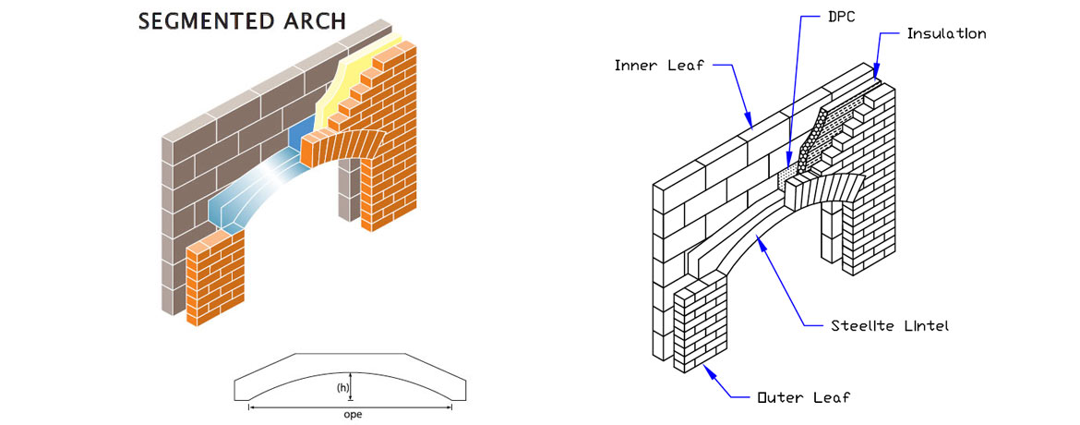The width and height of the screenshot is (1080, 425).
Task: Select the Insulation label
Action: pyautogui.click(x=946, y=34)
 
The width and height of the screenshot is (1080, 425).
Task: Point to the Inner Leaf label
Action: pyautogui.click(x=660, y=66)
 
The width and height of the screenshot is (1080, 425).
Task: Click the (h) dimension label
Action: pyautogui.click(x=341, y=388)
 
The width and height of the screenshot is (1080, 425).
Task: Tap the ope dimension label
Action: pyautogui.click(x=352, y=414)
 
